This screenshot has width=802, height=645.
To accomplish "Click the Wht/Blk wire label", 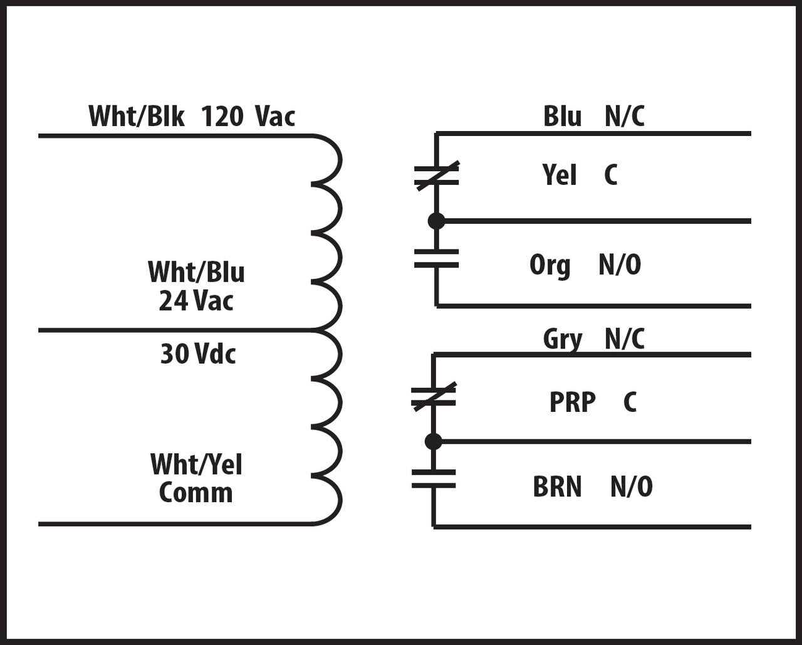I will pyautogui.click(x=136, y=117).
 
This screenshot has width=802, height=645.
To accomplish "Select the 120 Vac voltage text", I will pyautogui.click(x=248, y=117).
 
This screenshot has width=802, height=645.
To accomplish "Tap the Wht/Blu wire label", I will pyautogui.click(x=196, y=272).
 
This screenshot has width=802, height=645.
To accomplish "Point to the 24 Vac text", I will pyautogui.click(x=196, y=301).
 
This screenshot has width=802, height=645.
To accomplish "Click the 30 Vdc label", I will pyautogui.click(x=198, y=354).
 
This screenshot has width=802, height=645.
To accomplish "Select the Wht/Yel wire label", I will pyautogui.click(x=196, y=464).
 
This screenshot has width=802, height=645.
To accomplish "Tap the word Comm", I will pyautogui.click(x=195, y=493).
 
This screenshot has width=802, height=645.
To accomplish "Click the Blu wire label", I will pyautogui.click(x=562, y=117).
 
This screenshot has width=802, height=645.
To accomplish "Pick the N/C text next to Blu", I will pyautogui.click(x=625, y=117).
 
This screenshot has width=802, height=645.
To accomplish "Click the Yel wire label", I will pyautogui.click(x=560, y=175).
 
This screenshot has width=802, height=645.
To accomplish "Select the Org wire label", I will pyautogui.click(x=550, y=265).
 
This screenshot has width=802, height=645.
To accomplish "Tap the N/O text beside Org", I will pyautogui.click(x=620, y=265).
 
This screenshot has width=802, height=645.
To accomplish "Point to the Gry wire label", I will pyautogui.click(x=562, y=339).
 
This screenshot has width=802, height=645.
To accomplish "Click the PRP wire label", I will pyautogui.click(x=572, y=402).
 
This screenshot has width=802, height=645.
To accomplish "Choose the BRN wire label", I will pyautogui.click(x=557, y=487).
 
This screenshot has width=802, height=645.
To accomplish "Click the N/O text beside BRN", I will pyautogui.click(x=632, y=487).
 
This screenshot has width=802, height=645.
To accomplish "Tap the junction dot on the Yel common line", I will pyautogui.click(x=436, y=221).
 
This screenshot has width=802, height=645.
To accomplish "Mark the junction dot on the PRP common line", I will pyautogui.click(x=433, y=441).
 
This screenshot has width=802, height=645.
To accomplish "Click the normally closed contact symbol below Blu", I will pyautogui.click(x=436, y=176).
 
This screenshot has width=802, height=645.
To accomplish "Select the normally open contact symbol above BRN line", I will pyautogui.click(x=434, y=478).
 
